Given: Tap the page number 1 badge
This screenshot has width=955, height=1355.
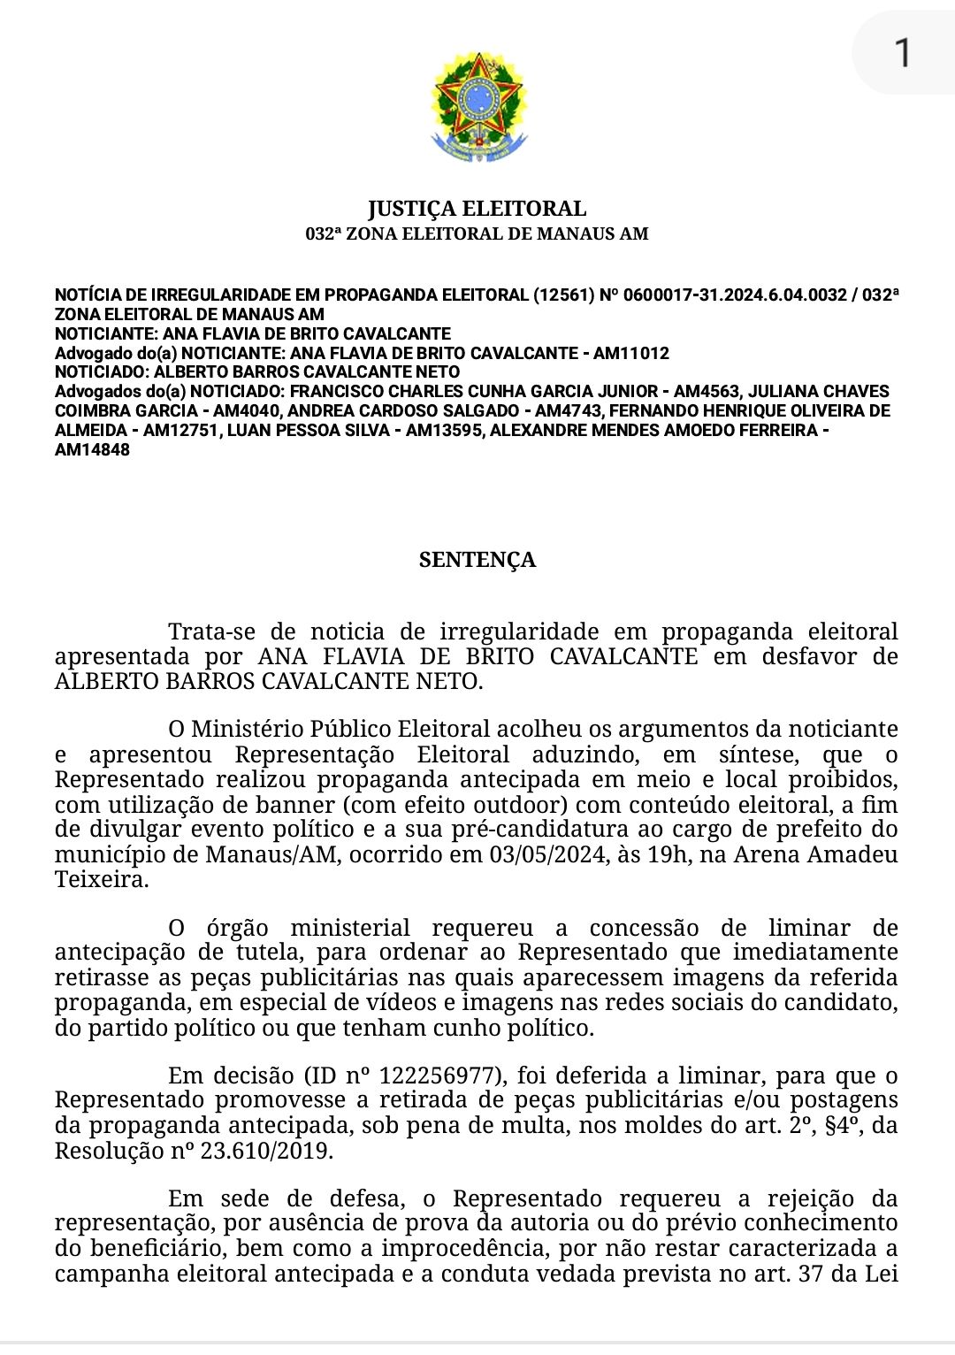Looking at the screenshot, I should (902, 53).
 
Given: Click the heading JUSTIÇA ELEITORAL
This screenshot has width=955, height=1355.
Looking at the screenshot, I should (477, 209).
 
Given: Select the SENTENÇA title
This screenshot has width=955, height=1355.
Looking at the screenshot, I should (477, 560).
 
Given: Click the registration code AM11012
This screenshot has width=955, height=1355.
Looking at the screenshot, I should (630, 354).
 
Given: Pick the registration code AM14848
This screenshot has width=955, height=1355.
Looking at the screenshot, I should (92, 450).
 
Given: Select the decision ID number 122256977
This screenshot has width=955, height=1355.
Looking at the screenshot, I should (439, 1076).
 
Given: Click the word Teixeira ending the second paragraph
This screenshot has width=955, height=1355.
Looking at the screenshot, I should (102, 879).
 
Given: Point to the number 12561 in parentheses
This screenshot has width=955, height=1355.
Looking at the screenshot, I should (563, 295).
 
